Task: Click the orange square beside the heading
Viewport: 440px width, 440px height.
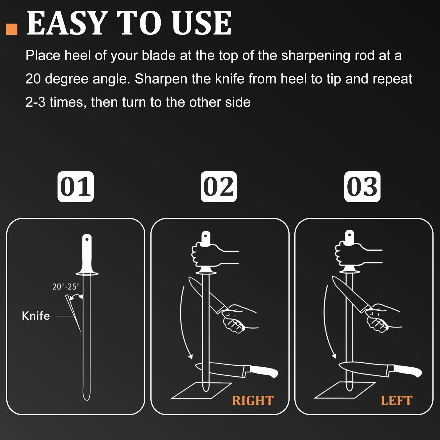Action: point(12,29)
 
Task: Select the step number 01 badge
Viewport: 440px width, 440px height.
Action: point(75,187)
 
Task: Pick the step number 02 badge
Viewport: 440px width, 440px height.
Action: point(219,187)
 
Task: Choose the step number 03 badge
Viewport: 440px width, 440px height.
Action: point(362,187)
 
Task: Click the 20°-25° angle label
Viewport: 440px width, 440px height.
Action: point(66,287)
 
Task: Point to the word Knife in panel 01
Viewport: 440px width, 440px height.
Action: point(36,316)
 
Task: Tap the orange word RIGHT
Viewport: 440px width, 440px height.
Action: point(253,401)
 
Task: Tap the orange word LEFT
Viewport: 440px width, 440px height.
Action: point(397,401)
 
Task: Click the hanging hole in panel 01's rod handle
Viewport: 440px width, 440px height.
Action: point(87,239)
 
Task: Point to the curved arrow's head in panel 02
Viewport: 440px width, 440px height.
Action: point(191,357)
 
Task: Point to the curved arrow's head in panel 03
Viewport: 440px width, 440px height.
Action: point(334,356)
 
